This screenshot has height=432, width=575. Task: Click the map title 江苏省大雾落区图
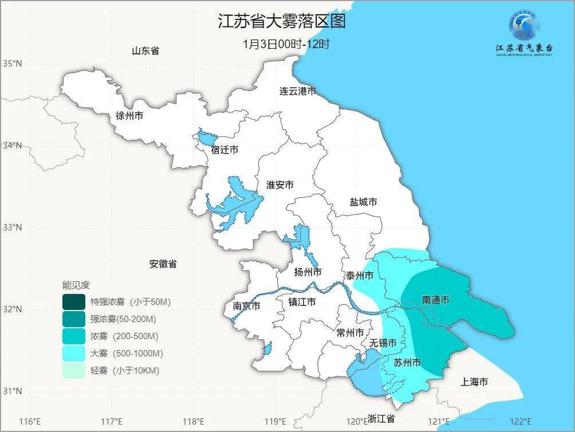click(282, 22)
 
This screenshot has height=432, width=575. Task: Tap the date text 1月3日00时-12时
click(286, 44)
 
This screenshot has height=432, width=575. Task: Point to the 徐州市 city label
click(129, 116)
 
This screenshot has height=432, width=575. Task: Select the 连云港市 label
click(298, 91)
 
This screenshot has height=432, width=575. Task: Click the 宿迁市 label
click(225, 150)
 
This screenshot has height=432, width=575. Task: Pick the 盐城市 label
click(363, 202)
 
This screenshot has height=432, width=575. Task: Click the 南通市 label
click(435, 300)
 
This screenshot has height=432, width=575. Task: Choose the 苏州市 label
click(407, 363)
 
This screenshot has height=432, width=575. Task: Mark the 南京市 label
click(246, 307)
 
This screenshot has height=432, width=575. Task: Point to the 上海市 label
click(474, 382)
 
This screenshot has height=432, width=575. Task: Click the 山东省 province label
click(145, 51)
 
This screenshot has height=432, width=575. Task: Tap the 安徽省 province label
click(163, 264)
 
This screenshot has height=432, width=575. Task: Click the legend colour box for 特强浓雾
click(74, 301)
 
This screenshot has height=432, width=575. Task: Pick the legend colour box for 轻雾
click(74, 371)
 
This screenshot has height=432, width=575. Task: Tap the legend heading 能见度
click(76, 285)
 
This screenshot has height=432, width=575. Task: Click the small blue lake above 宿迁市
click(207, 138)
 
